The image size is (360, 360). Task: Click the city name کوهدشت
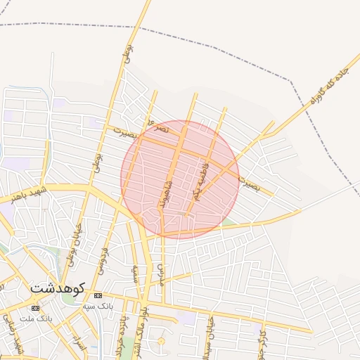[x=58, y=288]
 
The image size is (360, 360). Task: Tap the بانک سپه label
[x=98, y=307]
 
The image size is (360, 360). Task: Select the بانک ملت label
[x=37, y=319]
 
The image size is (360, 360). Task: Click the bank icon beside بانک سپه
[x=98, y=295]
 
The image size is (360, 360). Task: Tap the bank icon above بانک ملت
[x=35, y=308]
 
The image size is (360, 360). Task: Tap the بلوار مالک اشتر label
[x=145, y=323]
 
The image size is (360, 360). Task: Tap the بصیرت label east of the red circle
[x=249, y=184]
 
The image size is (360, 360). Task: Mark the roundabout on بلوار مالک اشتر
[x=161, y=342]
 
